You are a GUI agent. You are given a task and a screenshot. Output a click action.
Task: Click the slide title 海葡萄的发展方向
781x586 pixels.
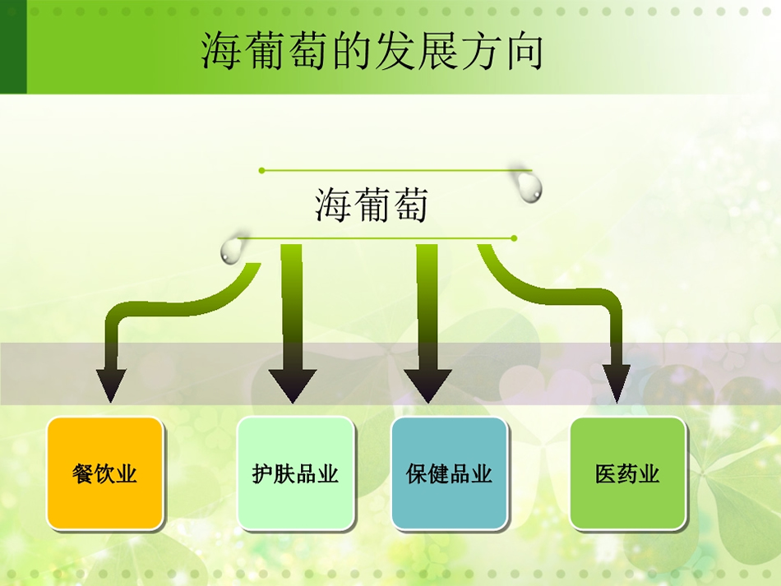pyautogui.click(x=372, y=51)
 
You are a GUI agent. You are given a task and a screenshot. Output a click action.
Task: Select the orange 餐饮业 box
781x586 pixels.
pyautogui.click(x=105, y=473)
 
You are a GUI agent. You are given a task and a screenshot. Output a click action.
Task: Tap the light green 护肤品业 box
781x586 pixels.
pyautogui.click(x=295, y=473)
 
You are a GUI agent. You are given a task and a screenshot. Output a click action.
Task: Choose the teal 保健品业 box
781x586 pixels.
pyautogui.click(x=449, y=473)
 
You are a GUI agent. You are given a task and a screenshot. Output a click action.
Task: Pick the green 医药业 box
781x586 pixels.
pyautogui.click(x=627, y=473)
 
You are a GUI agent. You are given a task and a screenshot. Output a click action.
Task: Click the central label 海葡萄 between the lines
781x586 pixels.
pyautogui.click(x=372, y=204)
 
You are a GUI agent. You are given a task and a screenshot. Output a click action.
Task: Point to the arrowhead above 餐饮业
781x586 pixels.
pyautogui.click(x=111, y=385)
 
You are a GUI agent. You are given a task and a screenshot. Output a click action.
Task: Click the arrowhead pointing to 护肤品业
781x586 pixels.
pyautogui.click(x=293, y=385)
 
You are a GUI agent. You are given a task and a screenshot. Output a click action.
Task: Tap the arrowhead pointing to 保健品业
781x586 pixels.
pyautogui.click(x=427, y=385)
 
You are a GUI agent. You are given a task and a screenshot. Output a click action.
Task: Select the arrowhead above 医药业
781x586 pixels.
pyautogui.click(x=617, y=384)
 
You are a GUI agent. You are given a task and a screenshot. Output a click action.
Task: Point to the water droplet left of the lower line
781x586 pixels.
pyautogui.click(x=230, y=251)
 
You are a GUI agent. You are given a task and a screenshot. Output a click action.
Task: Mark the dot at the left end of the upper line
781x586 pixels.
pyautogui.click(x=262, y=171)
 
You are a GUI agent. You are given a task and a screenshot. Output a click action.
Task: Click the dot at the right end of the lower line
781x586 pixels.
pyautogui.click(x=514, y=238)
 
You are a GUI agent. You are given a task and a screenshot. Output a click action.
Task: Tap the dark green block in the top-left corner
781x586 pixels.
pyautogui.click(x=13, y=47)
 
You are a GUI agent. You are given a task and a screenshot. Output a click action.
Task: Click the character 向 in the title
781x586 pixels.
pyautogui.click(x=525, y=51)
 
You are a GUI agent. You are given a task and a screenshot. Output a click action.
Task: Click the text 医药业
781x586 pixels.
pyautogui.click(x=627, y=473)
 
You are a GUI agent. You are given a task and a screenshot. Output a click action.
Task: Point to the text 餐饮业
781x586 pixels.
pyautogui.click(x=104, y=473)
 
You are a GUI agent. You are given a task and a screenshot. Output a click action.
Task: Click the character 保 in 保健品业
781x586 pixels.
pyautogui.click(x=417, y=473)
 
